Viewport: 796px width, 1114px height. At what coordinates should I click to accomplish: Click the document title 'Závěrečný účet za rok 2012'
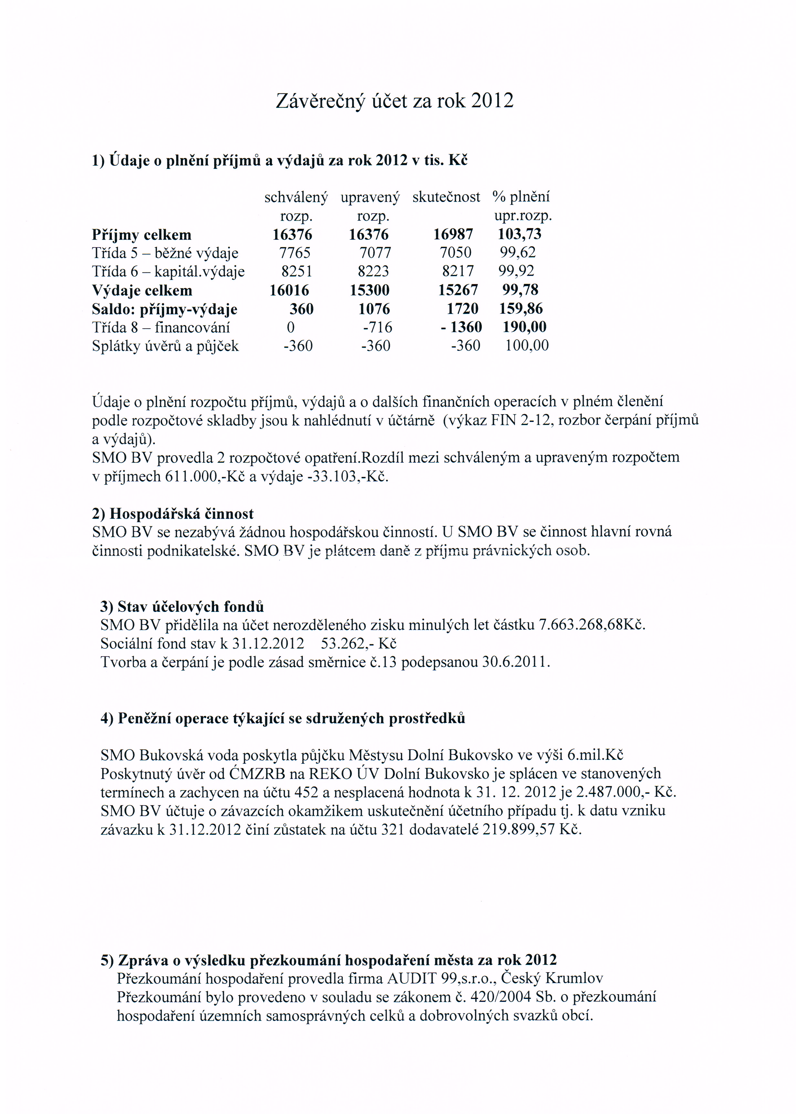394,101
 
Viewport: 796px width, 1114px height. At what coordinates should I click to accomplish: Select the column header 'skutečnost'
446,197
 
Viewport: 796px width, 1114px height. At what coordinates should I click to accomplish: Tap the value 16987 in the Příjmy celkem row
453,234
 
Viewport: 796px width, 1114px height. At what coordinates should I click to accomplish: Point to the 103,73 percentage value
519,234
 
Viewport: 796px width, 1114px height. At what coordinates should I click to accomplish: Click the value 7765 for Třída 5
295,253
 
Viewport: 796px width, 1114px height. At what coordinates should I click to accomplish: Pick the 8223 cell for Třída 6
373,271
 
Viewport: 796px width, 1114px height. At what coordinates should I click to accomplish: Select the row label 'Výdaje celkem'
142,291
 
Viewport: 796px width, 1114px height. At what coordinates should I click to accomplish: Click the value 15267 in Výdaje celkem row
458,290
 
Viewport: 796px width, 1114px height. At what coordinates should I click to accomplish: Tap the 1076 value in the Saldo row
374,309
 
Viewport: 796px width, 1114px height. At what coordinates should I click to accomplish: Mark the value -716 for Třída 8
377,327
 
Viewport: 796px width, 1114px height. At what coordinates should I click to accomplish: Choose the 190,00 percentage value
524,327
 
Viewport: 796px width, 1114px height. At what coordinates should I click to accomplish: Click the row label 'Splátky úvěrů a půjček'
165,346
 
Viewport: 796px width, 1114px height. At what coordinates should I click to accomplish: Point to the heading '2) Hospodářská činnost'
173,514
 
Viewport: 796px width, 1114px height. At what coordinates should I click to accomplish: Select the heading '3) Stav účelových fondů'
182,607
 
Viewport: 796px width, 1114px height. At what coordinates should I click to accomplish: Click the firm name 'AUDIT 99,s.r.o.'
442,979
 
